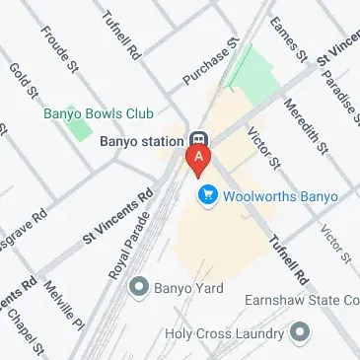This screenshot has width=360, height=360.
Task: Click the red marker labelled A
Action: pyautogui.click(x=201, y=161)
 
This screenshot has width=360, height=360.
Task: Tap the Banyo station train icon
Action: pyautogui.click(x=199, y=141)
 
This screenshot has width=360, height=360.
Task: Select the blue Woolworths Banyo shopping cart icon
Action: pyautogui.click(x=208, y=196)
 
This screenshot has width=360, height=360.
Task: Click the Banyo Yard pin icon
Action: pyautogui.click(x=138, y=289)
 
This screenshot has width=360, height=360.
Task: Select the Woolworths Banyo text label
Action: pyautogui.click(x=280, y=196)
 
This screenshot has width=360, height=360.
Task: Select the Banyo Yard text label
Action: pyautogui.click(x=189, y=289)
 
